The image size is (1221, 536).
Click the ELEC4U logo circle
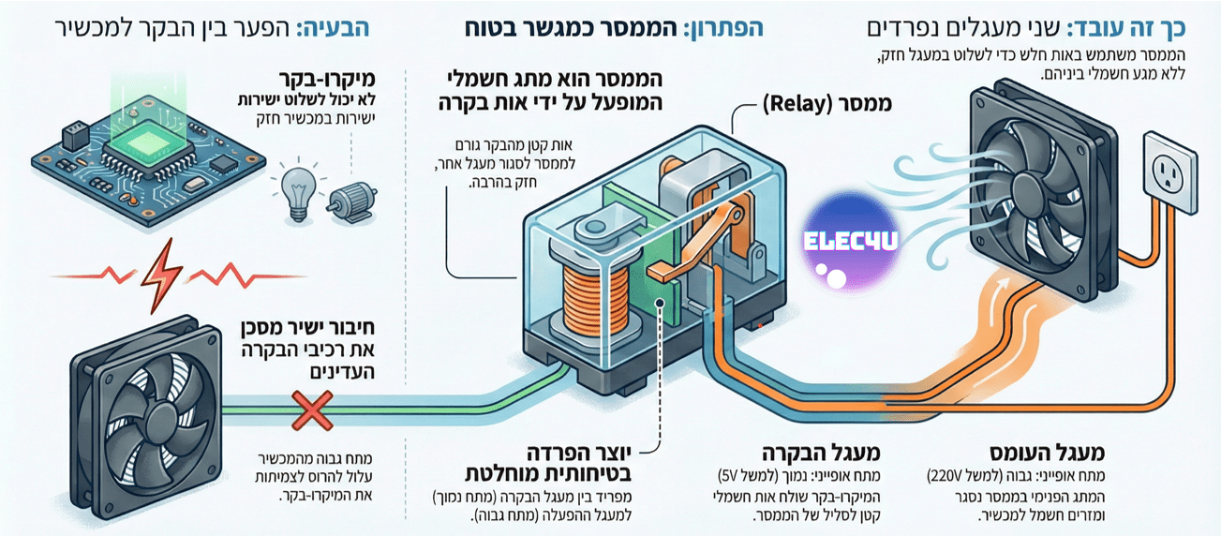click(850, 242)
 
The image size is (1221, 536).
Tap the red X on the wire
click(312, 410)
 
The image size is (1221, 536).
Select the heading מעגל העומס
click(1047, 453)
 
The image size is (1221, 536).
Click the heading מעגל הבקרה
click(821, 453)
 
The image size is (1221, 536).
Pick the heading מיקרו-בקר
click(327, 80)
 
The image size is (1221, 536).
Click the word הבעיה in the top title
click(333, 28)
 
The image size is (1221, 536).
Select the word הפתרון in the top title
click(723, 28)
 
